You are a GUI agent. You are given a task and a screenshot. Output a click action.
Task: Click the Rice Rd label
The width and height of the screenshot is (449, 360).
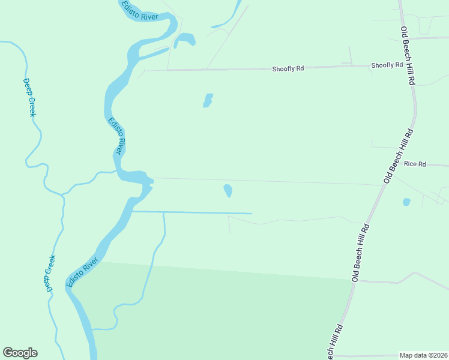pyautogui.click(x=415, y=164)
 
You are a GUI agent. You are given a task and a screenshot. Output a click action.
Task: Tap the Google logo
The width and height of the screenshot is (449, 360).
pyautogui.click(x=20, y=353)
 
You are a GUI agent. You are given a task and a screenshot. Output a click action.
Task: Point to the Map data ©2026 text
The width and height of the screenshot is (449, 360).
pyautogui.click(x=423, y=355)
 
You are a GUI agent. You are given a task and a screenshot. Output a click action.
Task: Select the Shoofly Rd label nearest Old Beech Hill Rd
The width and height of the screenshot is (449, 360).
pyautogui.click(x=387, y=65)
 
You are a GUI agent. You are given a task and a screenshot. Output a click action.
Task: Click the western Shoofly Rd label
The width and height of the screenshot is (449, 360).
pyautogui.click(x=288, y=68)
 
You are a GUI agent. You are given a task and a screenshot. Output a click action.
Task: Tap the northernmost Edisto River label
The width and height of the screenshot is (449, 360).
pyautogui.click(x=140, y=11)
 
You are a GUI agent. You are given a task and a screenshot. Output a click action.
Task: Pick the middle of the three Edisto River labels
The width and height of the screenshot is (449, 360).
pyautogui.click(x=116, y=136)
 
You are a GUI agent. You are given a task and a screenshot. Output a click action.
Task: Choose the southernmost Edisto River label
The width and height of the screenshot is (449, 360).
pyautogui.click(x=82, y=272)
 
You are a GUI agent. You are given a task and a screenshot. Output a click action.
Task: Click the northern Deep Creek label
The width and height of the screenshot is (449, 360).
pyautogui.click(x=28, y=97)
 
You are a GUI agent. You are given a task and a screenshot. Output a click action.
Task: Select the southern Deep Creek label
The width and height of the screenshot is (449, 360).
pyautogui.click(x=50, y=274)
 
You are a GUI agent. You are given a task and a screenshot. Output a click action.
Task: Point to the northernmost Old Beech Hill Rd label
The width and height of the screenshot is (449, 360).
pyautogui.click(x=408, y=56)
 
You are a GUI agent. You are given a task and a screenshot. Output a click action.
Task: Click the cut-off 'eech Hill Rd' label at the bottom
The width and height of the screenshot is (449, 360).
pyautogui.click(x=334, y=341)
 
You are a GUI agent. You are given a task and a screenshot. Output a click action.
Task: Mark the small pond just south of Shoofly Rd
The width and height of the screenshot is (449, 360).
pyautogui.click(x=208, y=100)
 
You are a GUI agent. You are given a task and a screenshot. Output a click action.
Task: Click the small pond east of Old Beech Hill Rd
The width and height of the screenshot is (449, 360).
pyautogui.click(x=406, y=202)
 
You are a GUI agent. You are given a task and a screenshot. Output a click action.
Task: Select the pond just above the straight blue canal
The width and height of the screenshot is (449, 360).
pyautogui.click(x=228, y=191)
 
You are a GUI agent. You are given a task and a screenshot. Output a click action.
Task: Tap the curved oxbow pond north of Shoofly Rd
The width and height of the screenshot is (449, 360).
pyautogui.click(x=185, y=40)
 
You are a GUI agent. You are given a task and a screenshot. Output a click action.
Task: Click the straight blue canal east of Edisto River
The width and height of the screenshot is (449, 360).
pyautogui.click(x=192, y=212)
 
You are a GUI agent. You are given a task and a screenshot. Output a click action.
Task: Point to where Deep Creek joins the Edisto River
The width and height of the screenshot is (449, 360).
pyautogui.click(x=116, y=172)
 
